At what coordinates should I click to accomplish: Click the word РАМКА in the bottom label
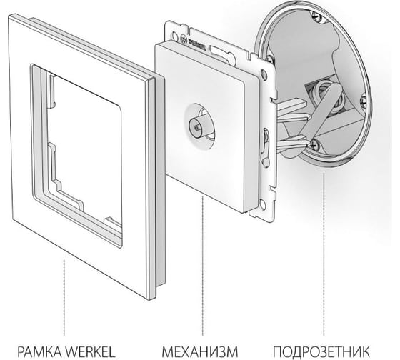(x=40, y=352)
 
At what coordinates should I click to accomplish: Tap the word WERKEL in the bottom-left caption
(x=91, y=352)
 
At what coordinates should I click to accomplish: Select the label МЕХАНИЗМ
(x=200, y=352)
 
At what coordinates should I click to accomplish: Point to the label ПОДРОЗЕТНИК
(x=321, y=352)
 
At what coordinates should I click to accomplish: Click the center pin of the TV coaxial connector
(x=197, y=126)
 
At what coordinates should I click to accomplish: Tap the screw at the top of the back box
(x=317, y=16)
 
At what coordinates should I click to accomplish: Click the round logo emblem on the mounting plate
(x=184, y=39)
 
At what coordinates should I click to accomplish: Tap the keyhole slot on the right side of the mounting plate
(x=265, y=147)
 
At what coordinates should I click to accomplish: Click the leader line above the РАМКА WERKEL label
(x=64, y=297)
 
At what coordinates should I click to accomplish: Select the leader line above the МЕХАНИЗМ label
(x=203, y=266)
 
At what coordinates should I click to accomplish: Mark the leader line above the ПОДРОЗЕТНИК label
(x=324, y=254)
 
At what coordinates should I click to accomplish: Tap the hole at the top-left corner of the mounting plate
(x=174, y=34)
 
